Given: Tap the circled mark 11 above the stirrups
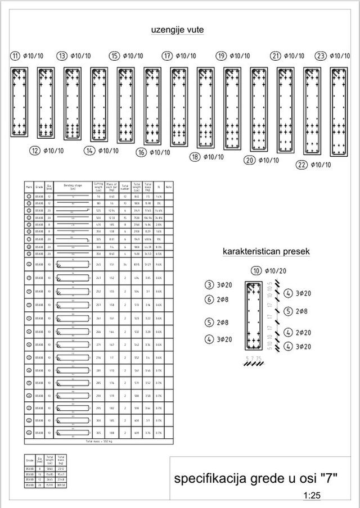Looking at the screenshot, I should click(x=15, y=56).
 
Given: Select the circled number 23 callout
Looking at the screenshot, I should click(x=321, y=56).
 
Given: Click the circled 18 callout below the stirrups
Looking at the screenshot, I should click(x=194, y=157).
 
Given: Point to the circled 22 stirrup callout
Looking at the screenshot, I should click(x=301, y=164).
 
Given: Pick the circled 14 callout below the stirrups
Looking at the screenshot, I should click(x=89, y=150).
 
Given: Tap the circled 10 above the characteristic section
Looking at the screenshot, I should click(x=258, y=271).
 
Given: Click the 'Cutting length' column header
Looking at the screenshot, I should click(x=98, y=187).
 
